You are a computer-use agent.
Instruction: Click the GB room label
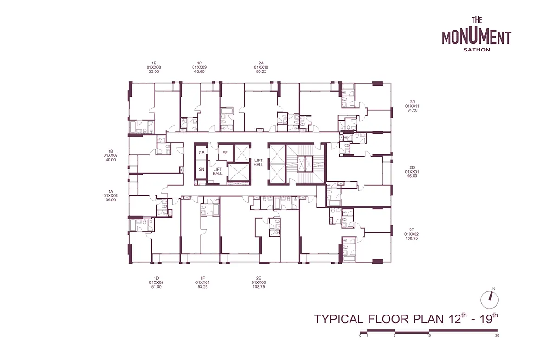(201, 153)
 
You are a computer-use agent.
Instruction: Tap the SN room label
(201, 169)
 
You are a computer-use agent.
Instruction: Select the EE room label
(225, 153)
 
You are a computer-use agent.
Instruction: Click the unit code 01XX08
(154, 67)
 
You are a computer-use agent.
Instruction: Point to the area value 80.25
(261, 71)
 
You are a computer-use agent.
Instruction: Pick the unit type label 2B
(412, 102)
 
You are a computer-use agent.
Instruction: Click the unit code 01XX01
(412, 172)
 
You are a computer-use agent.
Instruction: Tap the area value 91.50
(412, 110)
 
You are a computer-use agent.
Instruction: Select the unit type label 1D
(156, 278)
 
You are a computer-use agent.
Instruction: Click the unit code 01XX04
(203, 283)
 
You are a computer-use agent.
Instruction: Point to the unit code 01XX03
(259, 283)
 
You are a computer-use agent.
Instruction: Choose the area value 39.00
(110, 200)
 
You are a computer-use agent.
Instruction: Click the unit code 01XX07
(110, 155)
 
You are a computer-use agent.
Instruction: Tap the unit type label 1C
(200, 63)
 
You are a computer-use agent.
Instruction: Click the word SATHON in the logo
(477, 50)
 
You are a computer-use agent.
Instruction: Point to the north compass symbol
(489, 300)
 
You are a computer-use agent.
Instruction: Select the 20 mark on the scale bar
(497, 336)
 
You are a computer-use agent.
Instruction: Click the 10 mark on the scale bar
(429, 336)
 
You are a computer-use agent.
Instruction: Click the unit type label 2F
(412, 230)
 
